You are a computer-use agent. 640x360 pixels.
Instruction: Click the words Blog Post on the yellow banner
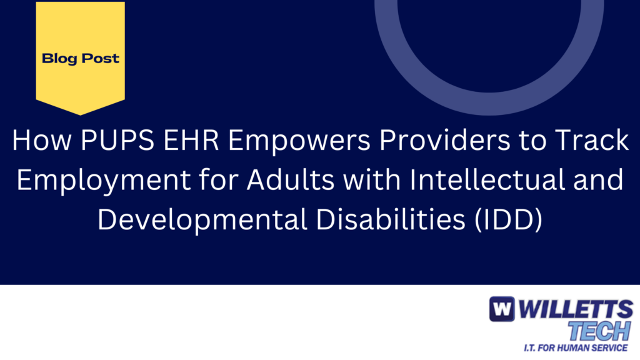81,59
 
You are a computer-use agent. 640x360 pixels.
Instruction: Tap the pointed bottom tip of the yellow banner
81,115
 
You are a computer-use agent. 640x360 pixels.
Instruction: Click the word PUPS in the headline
117,140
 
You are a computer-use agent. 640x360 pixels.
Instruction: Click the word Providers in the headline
445,140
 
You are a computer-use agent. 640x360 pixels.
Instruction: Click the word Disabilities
391,219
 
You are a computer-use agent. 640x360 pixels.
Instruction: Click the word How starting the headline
42,140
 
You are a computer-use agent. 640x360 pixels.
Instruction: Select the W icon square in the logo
502,309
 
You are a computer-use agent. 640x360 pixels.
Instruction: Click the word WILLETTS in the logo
576,309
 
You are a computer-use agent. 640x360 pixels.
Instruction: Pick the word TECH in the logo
599,331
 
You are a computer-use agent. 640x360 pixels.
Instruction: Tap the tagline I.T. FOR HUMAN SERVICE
576,347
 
